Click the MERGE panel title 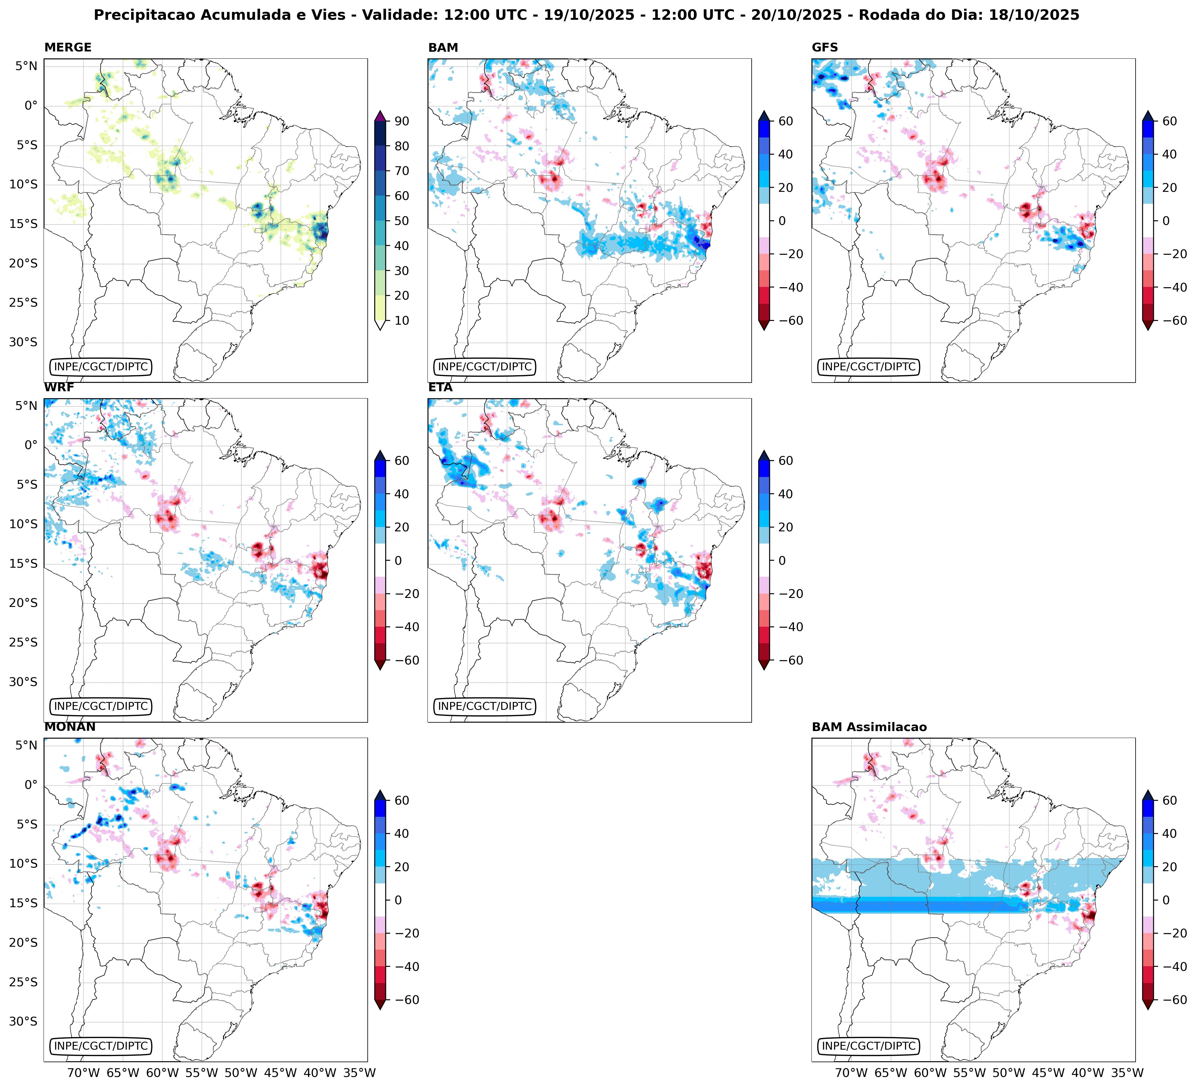[x=68, y=47]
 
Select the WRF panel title [x=59, y=387]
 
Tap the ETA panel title [x=440, y=387]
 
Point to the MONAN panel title [x=69, y=727]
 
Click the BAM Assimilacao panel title [x=869, y=727]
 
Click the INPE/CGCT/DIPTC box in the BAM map [x=485, y=367]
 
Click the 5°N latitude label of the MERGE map [x=26, y=66]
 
